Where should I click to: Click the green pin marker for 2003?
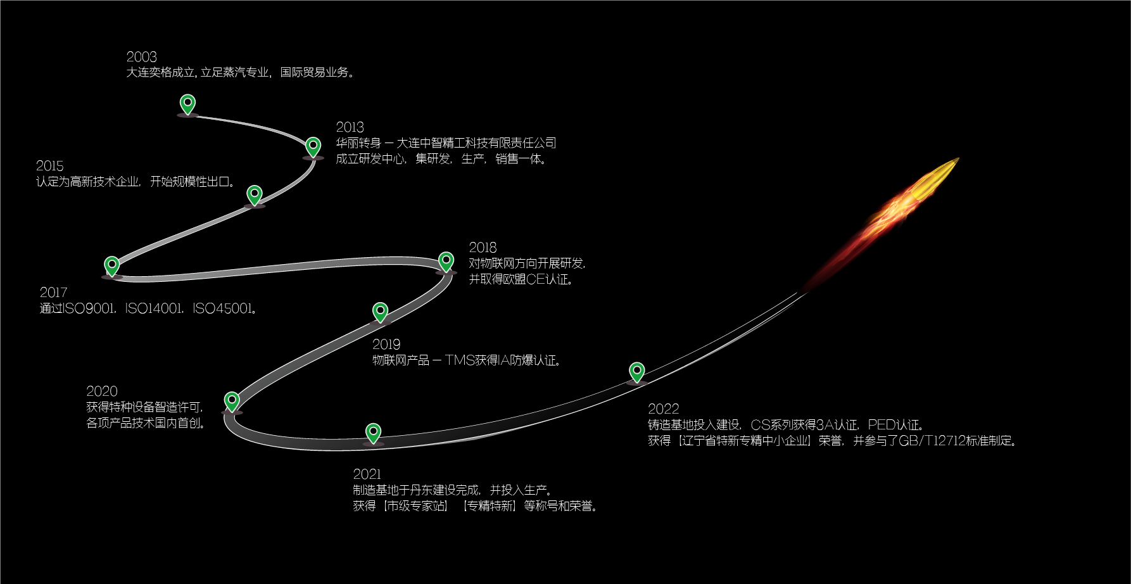pyautogui.click(x=187, y=103)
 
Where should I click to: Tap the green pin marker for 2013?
pyautogui.click(x=313, y=146)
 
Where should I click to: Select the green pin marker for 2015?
pyautogui.click(x=254, y=194)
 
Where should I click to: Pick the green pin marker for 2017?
pyautogui.click(x=111, y=265)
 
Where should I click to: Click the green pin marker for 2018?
pyautogui.click(x=446, y=261)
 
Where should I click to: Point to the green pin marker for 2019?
pyautogui.click(x=380, y=312)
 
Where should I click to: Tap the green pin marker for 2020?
pyautogui.click(x=232, y=401)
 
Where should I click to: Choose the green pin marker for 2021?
pyautogui.click(x=374, y=433)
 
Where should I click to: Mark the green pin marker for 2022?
pyautogui.click(x=636, y=372)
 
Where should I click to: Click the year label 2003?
pyautogui.click(x=141, y=57)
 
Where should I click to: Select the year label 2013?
pyautogui.click(x=350, y=127)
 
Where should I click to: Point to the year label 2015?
pyautogui.click(x=50, y=166)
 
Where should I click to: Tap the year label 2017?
pyautogui.click(x=53, y=293)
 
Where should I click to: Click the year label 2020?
pyautogui.click(x=102, y=391)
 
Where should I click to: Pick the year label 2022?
pyautogui.click(x=663, y=409)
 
